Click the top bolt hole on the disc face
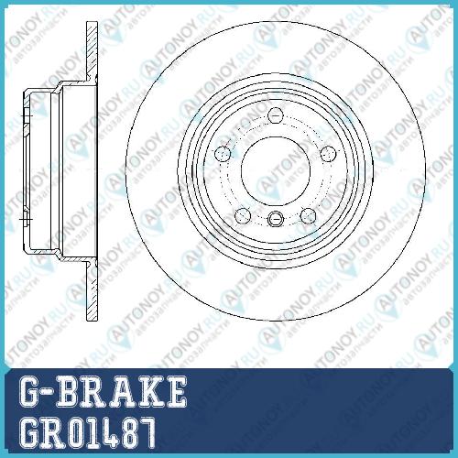[276, 115]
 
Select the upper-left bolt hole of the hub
[223, 154]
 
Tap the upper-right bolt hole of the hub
[329, 154]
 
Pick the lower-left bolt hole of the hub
[243, 216]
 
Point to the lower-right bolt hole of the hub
[308, 215]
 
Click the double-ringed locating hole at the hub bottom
[276, 219]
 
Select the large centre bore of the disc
[276, 170]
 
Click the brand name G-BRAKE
[103, 392]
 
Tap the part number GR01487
[87, 433]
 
